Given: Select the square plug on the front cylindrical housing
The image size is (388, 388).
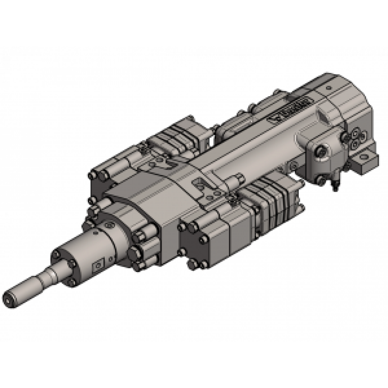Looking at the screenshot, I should (98, 265).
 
